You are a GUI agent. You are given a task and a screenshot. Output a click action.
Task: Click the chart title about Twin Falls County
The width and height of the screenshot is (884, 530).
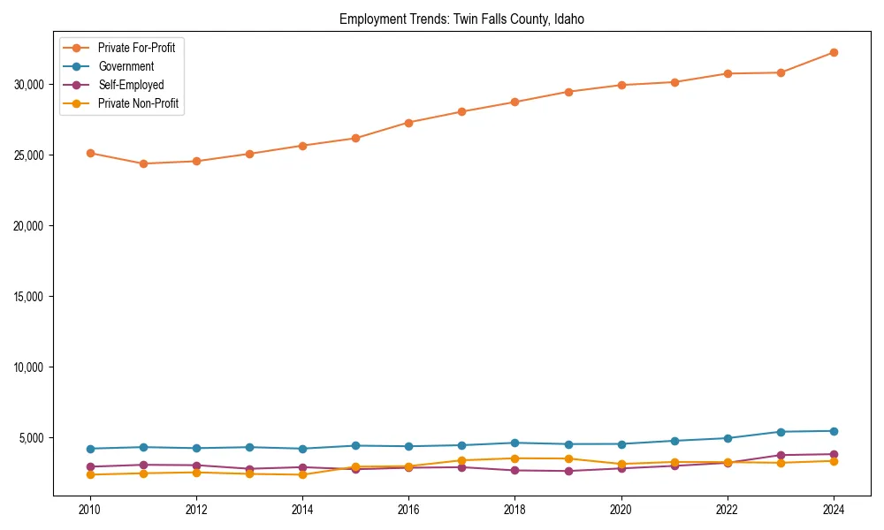click(x=461, y=19)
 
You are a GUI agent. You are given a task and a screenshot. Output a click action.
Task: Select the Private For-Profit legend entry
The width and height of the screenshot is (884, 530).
click(x=136, y=48)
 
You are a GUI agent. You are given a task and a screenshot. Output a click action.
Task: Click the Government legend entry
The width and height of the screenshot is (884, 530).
click(x=126, y=66)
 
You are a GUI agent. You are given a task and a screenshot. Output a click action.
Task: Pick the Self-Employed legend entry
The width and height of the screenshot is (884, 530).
click(x=131, y=85)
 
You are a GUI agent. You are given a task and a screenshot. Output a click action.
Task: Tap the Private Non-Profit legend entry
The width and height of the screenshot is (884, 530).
click(x=138, y=103)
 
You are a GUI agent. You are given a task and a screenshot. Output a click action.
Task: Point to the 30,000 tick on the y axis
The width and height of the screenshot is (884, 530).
click(x=30, y=85)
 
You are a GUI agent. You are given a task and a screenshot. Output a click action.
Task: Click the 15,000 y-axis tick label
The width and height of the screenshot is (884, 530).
click(x=30, y=297)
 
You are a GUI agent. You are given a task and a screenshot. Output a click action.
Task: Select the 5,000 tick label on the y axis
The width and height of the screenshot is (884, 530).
click(x=33, y=438)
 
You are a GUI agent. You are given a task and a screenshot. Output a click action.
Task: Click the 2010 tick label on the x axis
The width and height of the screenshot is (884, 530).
click(x=89, y=510)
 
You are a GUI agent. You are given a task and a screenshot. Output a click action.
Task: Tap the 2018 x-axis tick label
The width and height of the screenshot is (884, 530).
click(x=514, y=510)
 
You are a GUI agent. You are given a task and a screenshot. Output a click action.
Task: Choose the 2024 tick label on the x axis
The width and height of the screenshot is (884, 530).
click(x=834, y=510)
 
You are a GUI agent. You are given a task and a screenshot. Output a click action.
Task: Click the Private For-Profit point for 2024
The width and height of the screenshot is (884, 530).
click(x=834, y=52)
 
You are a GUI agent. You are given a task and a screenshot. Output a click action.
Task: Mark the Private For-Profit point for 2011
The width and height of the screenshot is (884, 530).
click(x=142, y=163)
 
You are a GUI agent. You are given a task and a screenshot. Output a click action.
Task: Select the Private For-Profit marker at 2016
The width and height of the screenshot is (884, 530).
click(x=408, y=122)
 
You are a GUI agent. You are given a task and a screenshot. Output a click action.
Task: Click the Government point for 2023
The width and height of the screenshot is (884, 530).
click(x=781, y=432)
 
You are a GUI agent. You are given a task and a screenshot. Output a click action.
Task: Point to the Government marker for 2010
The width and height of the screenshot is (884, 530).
click(x=89, y=449)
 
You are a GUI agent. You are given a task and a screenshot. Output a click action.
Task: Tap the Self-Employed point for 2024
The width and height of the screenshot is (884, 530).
click(x=834, y=454)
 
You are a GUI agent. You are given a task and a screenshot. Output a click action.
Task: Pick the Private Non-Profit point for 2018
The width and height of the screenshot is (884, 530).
click(x=514, y=458)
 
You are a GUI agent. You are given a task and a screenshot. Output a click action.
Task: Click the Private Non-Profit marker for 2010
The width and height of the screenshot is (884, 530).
click(x=89, y=475)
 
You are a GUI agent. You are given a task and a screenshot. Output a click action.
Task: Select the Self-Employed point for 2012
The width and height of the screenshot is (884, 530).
click(x=195, y=466)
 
